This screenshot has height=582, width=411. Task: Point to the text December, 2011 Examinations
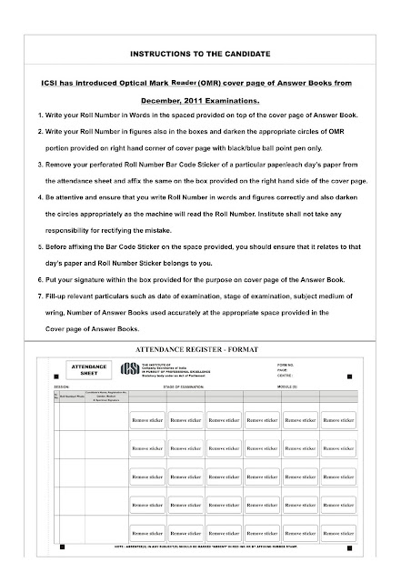pos(205,101)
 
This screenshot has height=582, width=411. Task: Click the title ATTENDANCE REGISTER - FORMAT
pos(205,348)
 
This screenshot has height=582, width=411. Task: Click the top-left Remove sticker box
pos(145,421)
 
